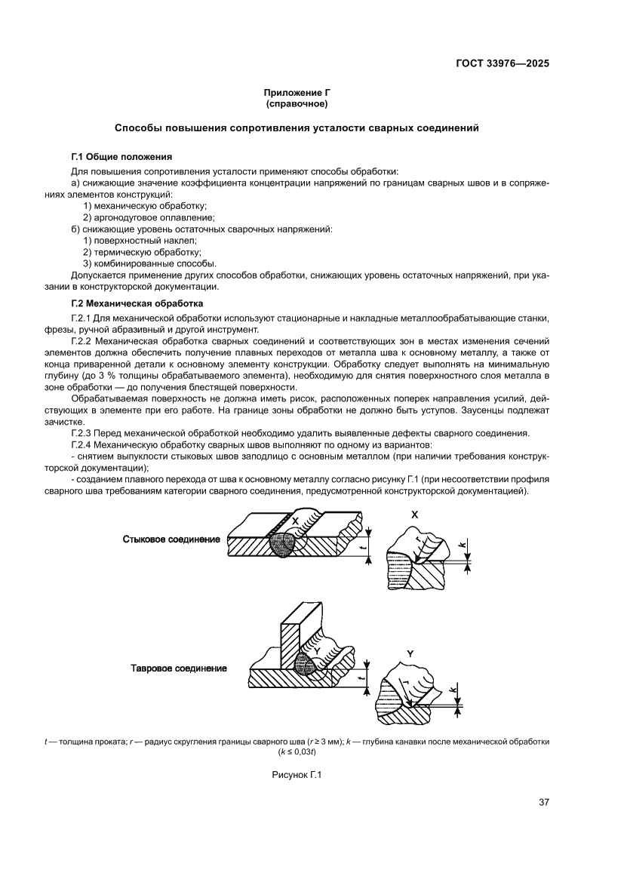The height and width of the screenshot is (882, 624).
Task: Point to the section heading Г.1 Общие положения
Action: click(x=121, y=157)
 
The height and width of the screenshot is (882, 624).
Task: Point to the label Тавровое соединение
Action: click(x=179, y=668)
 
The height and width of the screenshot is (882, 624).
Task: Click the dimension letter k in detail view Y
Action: click(x=452, y=689)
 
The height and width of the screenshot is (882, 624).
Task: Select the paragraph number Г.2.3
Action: click(x=81, y=432)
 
